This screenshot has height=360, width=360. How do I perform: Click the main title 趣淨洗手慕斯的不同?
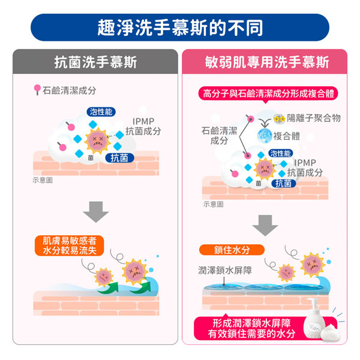click(x=179, y=28)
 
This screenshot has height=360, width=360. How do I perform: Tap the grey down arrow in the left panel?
click(x=95, y=212)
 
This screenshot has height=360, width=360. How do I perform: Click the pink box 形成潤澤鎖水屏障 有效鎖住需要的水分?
click(x=251, y=329)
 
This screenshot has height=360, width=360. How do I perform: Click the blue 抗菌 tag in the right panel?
click(x=283, y=184)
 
